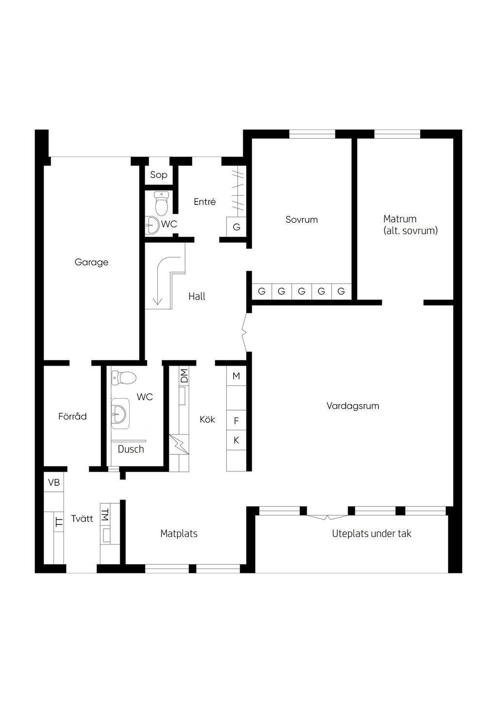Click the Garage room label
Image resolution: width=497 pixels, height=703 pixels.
pyautogui.click(x=91, y=262)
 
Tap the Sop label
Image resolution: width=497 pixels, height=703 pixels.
pyautogui.click(x=158, y=175)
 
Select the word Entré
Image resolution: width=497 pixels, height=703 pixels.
pyautogui.click(x=204, y=201)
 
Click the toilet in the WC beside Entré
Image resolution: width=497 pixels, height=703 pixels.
pyautogui.click(x=162, y=203)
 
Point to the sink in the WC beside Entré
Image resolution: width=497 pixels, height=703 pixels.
pyautogui.click(x=153, y=225)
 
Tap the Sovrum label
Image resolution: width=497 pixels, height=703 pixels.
pyautogui.click(x=301, y=219)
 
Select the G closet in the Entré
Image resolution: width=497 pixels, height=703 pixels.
pyautogui.click(x=236, y=227)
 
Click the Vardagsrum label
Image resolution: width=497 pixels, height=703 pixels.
pyautogui.click(x=353, y=406)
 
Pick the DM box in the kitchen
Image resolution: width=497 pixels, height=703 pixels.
pyautogui.click(x=184, y=376)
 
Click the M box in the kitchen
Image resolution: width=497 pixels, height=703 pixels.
pyautogui.click(x=236, y=376)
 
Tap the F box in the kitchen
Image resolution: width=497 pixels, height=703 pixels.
pyautogui.click(x=236, y=420)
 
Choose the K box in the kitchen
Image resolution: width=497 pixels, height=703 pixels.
pyautogui.click(x=236, y=440)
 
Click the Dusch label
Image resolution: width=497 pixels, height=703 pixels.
pyautogui.click(x=131, y=450)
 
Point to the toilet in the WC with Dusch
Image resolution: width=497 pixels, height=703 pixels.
pyautogui.click(x=124, y=378)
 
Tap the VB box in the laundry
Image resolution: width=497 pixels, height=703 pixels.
pyautogui.click(x=54, y=483)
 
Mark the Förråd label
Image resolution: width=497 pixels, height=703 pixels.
pyautogui.click(x=72, y=417)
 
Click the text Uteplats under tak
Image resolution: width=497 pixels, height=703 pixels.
pyautogui.click(x=371, y=534)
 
